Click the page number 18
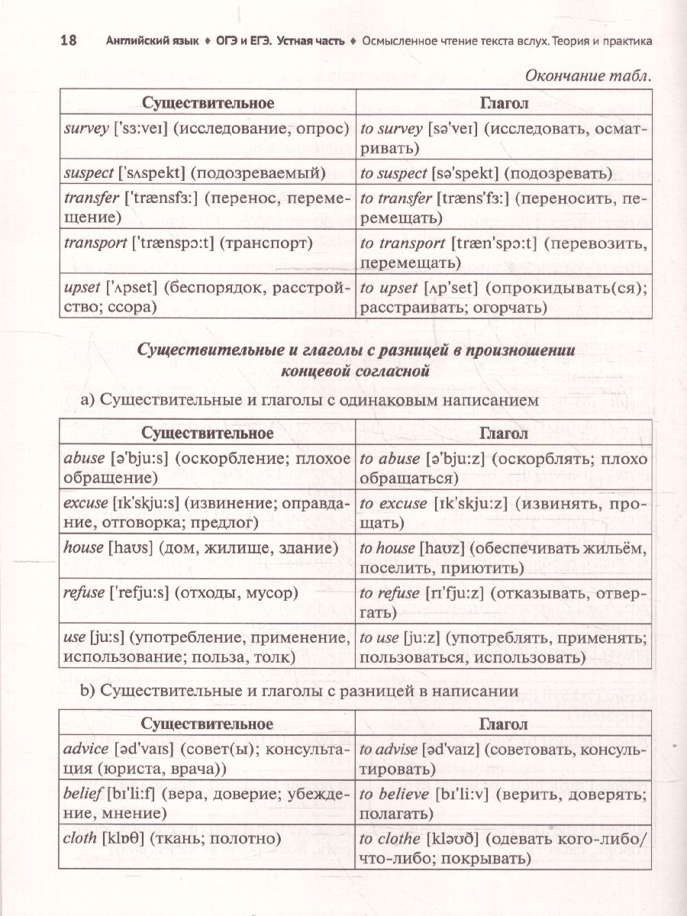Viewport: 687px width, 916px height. pos(67,40)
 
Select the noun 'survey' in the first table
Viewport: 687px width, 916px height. pos(86,128)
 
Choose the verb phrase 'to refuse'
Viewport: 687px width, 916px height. pos(389,593)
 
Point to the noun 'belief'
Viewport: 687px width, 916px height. pos(84,794)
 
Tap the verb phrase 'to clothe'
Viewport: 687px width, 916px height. pos(390,838)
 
